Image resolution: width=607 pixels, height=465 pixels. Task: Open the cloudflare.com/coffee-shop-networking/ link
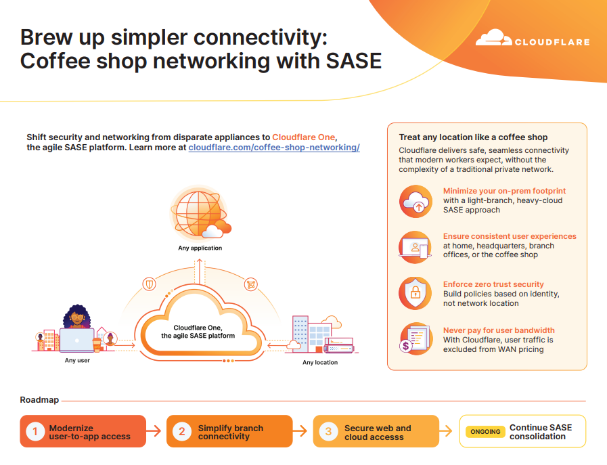click(x=274, y=148)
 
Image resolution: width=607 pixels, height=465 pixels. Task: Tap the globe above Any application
click(x=198, y=213)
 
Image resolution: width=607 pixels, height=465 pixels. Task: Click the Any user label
click(x=77, y=361)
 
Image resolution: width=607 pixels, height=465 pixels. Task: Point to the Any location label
click(x=320, y=362)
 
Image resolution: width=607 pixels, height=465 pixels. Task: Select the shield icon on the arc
click(x=149, y=284)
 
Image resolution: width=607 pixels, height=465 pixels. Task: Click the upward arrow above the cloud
click(x=200, y=272)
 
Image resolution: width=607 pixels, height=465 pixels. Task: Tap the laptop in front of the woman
click(x=77, y=340)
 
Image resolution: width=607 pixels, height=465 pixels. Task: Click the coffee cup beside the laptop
click(x=97, y=345)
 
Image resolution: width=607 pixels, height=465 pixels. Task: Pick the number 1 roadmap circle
click(x=35, y=431)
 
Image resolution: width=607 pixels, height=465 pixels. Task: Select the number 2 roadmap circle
click(x=182, y=431)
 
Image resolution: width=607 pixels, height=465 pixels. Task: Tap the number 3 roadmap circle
click(x=328, y=431)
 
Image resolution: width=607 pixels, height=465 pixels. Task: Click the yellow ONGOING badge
click(x=485, y=432)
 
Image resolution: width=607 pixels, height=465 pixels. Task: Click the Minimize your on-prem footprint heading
click(x=504, y=191)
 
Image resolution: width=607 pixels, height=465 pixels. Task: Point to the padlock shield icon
click(x=415, y=292)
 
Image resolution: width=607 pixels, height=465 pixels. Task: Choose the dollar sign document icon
click(x=415, y=339)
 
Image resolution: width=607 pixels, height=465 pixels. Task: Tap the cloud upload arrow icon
click(x=415, y=201)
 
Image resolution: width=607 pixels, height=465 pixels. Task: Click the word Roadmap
click(x=39, y=400)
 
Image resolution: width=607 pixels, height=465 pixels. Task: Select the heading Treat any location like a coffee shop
click(x=473, y=137)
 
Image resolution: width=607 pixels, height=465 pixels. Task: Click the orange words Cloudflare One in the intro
click(x=303, y=137)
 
